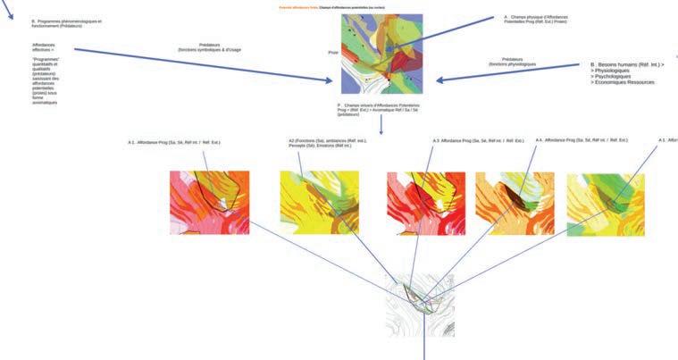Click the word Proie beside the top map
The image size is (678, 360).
coord(332,53)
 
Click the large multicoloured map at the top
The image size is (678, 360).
coord(381,53)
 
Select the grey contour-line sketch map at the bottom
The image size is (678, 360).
coord(419,305)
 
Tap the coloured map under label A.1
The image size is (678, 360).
coord(209,203)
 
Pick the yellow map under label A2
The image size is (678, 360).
coord(319,203)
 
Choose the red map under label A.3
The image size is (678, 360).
coord(425,203)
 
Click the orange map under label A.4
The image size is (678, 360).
coord(515,203)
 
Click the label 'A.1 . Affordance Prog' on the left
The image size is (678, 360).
coord(174,142)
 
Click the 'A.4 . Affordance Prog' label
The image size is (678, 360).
coord(581,139)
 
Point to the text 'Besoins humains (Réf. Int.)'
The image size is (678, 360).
coord(629,65)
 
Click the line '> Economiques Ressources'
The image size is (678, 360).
coord(623,82)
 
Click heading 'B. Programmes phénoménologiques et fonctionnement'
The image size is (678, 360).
coord(66,23)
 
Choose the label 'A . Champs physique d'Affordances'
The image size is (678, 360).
coord(535,19)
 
